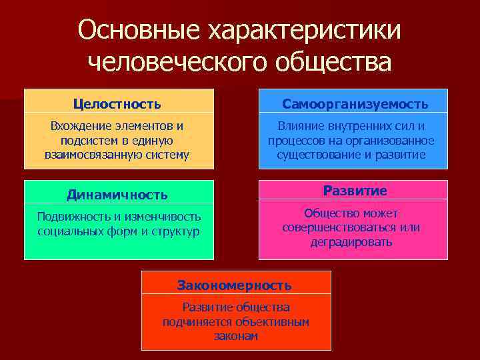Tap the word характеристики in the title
(303, 30)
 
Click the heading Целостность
(117, 104)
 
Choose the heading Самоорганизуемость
(355, 105)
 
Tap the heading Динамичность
(117, 195)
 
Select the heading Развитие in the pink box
(355, 191)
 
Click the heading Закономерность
(234, 285)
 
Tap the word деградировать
(351, 242)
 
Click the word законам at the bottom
(236, 337)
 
